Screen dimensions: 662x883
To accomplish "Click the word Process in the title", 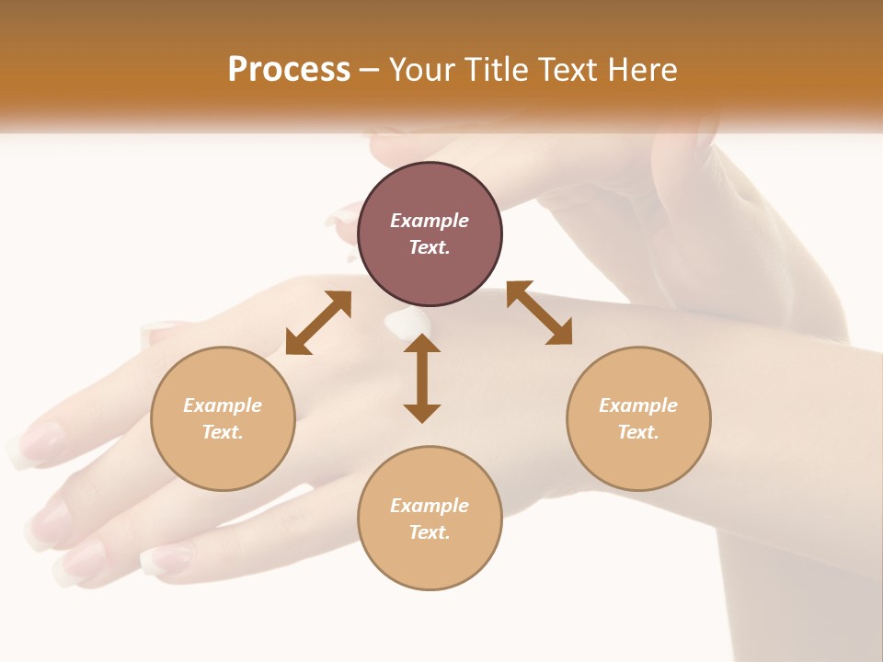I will click(x=289, y=70).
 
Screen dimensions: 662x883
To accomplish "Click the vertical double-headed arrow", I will click(x=422, y=379).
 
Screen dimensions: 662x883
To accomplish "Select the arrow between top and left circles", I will click(x=318, y=323).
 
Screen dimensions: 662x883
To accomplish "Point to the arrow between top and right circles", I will click(x=539, y=313).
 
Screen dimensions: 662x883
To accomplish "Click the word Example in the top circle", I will click(x=430, y=221).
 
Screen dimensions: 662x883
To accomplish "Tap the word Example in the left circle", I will click(x=223, y=405).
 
